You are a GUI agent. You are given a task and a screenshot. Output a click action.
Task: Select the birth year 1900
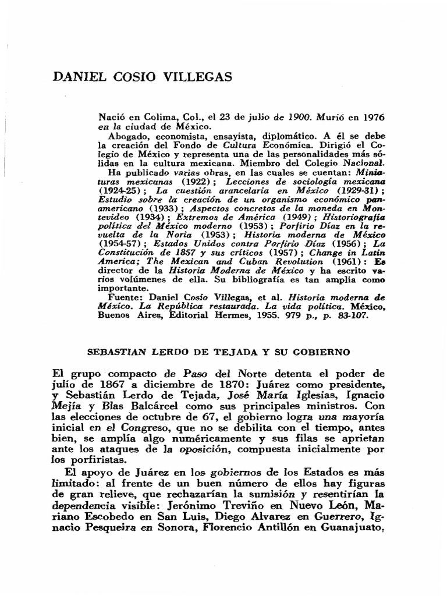point(304,117)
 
